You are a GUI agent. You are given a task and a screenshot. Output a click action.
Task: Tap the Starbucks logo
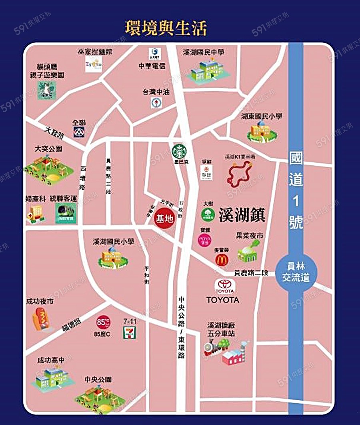(180, 152)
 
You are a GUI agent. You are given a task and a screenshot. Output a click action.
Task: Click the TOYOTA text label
(223, 300)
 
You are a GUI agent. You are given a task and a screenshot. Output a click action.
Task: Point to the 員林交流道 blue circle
(296, 272)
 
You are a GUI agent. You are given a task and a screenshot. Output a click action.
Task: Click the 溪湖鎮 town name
(242, 215)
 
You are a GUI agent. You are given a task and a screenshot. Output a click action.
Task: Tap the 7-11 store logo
(129, 333)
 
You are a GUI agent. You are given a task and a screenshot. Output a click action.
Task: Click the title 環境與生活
(166, 28)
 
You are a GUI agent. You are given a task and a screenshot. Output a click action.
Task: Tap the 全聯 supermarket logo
(79, 132)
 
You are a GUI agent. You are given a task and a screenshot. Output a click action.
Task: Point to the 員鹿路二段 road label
(251, 273)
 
